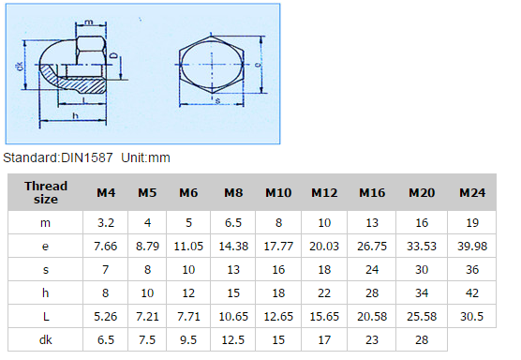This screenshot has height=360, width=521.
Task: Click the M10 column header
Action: (278, 193)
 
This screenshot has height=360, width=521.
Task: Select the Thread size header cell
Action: (46, 192)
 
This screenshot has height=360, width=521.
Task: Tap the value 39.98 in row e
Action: (472, 247)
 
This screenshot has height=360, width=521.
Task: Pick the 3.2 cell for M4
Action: (106, 223)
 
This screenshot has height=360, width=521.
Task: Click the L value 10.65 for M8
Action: (233, 317)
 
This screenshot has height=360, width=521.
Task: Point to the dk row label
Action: (46, 339)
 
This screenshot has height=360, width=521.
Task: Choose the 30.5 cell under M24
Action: (472, 317)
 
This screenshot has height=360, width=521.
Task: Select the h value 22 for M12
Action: (324, 293)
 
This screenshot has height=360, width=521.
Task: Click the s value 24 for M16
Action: (372, 270)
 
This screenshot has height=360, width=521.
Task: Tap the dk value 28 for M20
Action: (422, 339)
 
